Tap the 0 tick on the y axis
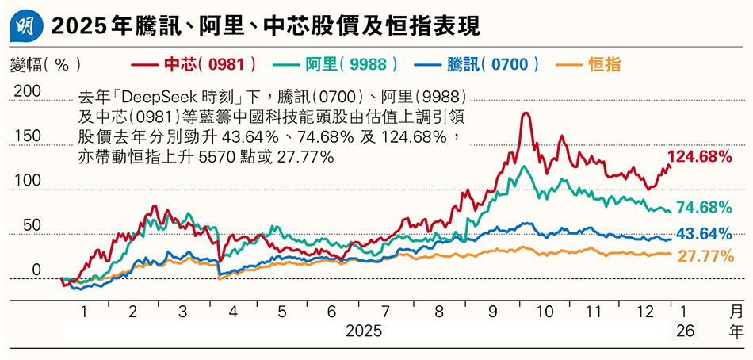pos(36,270)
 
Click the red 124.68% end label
pos(699,157)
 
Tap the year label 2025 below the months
pos(365,331)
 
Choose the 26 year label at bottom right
pos(686,331)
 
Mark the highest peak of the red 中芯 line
pos(525,113)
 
